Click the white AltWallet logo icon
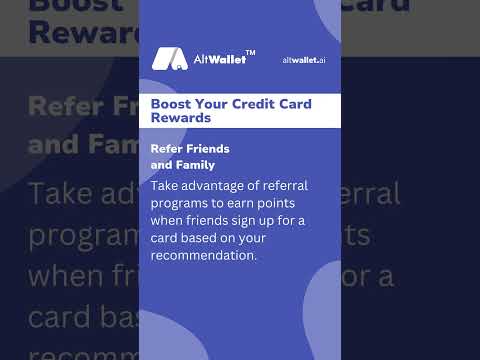pos(170,59)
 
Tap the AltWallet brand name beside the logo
pos(218,60)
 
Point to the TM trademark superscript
pos(250,51)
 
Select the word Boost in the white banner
pos(171,104)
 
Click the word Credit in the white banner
pos(258,104)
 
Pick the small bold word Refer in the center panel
pos(168,149)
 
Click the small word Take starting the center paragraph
pos(165,185)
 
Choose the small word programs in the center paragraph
pos(180,203)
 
